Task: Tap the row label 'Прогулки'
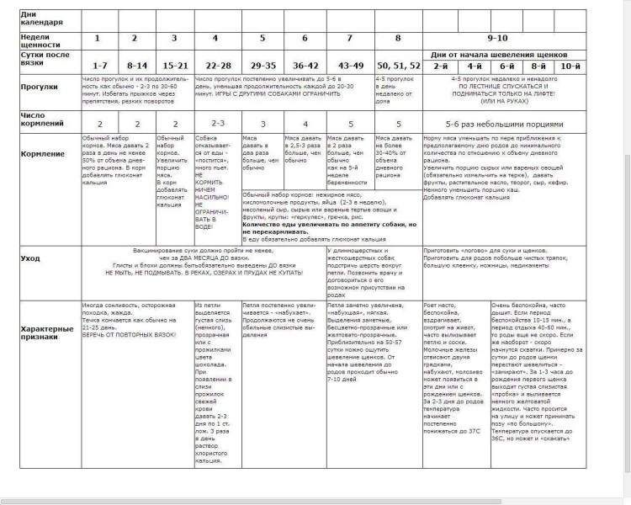(40, 86)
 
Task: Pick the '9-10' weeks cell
(497, 39)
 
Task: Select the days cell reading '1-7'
(99, 66)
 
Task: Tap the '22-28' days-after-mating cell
(217, 66)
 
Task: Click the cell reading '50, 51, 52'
(399, 66)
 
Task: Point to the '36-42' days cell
(305, 66)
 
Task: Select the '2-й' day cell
(439, 66)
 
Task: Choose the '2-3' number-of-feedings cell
(217, 122)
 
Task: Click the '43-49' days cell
(350, 66)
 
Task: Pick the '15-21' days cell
(174, 66)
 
